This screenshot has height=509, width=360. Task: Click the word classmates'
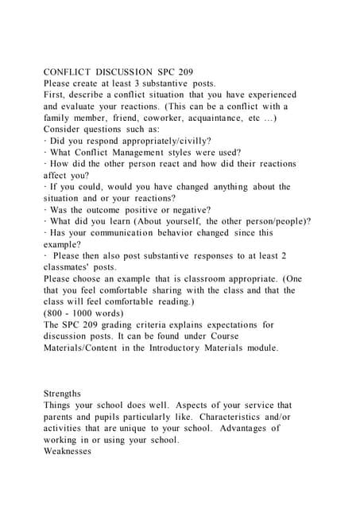[x=70, y=267]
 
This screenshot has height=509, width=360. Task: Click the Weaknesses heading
[x=70, y=451]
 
